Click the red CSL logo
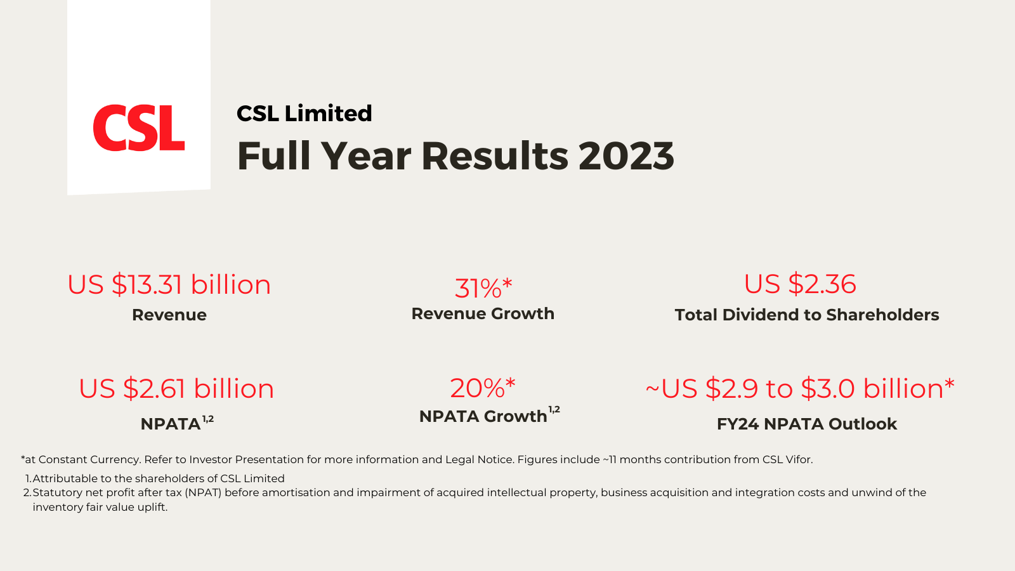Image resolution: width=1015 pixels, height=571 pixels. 139,128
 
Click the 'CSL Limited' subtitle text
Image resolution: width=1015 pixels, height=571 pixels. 304,114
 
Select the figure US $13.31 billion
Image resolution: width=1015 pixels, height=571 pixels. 169,285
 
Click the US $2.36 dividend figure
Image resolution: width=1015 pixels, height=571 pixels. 800,284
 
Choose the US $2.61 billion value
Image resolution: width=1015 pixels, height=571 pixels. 176,389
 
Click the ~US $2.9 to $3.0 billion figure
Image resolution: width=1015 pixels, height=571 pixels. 800,389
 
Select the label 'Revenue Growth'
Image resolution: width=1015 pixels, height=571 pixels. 483,313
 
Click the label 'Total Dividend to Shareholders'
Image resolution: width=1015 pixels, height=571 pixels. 807,315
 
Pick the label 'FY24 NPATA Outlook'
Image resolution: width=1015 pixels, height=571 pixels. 807,424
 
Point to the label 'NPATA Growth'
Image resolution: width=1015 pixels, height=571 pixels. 483,417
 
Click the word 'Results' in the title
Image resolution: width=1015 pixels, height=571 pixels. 495,156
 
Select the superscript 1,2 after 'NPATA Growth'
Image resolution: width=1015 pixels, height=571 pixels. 554,410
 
